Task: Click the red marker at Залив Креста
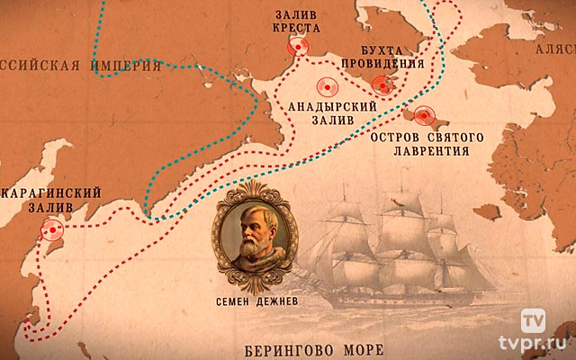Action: click(298, 47)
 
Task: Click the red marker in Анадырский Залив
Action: click(327, 87)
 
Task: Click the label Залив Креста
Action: click(297, 21)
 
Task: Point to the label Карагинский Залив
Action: click(46, 199)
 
